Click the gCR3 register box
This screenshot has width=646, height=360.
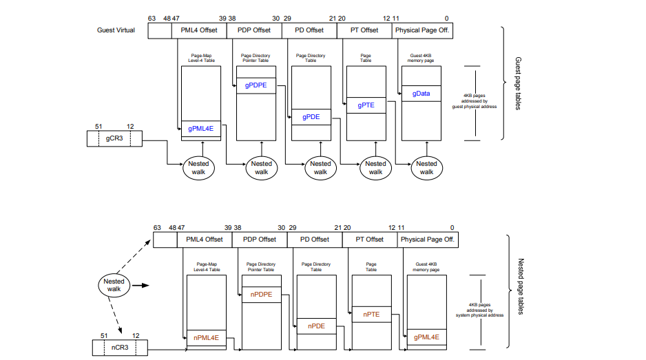pos(114,138)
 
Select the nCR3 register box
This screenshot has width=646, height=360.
pos(120,348)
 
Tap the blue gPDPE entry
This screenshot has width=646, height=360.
pos(256,85)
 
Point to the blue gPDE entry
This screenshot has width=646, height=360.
pos(311,117)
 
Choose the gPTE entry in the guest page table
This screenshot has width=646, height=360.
pos(366,105)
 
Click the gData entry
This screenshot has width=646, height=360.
pos(421,94)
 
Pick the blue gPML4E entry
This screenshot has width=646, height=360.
pos(200,129)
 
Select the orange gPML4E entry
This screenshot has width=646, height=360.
pos(426,337)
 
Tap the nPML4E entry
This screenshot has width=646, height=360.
pos(206,338)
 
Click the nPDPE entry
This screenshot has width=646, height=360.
pos(261,295)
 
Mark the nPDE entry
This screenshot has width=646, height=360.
pos(316,326)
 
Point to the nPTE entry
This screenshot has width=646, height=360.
pos(371,315)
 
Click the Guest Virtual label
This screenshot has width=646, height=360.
pos(116,30)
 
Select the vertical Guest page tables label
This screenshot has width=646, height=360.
pos(518,83)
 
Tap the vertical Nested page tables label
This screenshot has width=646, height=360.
pos(521,286)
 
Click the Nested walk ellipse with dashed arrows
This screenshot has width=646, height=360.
pos(114,286)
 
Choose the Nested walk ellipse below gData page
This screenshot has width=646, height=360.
pos(427,168)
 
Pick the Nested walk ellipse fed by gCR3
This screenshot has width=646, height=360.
pos(198,168)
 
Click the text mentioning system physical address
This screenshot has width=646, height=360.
pos(479,310)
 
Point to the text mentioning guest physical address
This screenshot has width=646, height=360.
pos(475,101)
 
